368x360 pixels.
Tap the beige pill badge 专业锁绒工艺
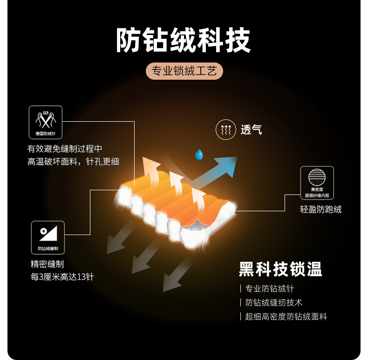click(184, 71)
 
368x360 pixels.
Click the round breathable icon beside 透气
click(225, 130)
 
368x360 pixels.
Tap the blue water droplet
click(199, 154)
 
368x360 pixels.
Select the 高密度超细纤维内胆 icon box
click(317, 183)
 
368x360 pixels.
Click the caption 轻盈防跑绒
click(320, 209)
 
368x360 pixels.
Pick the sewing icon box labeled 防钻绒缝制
click(48, 237)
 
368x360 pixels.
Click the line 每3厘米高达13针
click(62, 277)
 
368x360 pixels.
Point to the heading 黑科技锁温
click(280, 269)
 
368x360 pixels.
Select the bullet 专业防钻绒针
click(270, 289)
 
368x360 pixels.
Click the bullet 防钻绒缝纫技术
click(274, 303)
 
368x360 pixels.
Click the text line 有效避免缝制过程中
click(65, 149)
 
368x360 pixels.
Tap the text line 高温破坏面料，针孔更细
click(74, 161)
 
